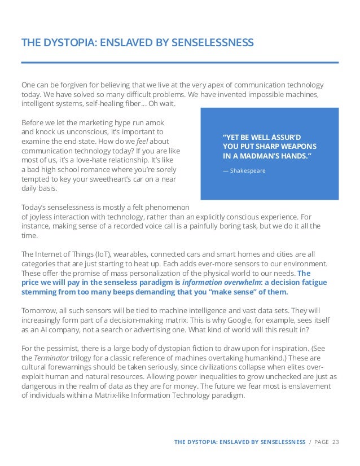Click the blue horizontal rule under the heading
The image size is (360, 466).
point(180,61)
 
